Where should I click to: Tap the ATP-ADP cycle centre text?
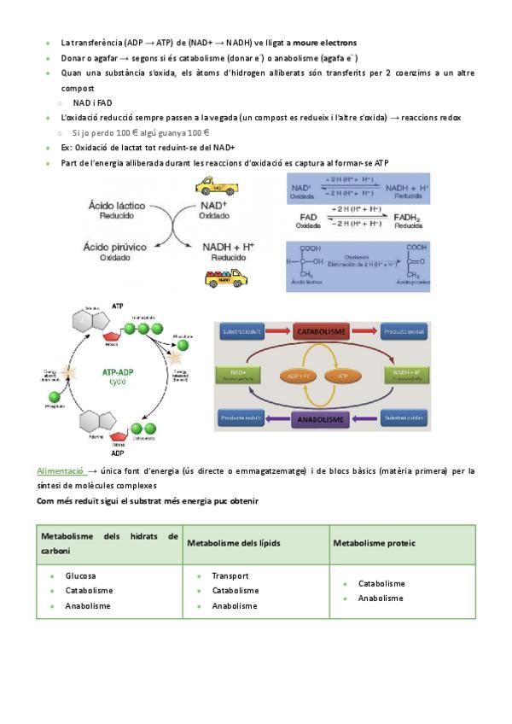click(x=120, y=376)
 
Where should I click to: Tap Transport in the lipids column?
click(x=230, y=575)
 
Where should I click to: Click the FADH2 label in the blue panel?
click(x=415, y=217)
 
